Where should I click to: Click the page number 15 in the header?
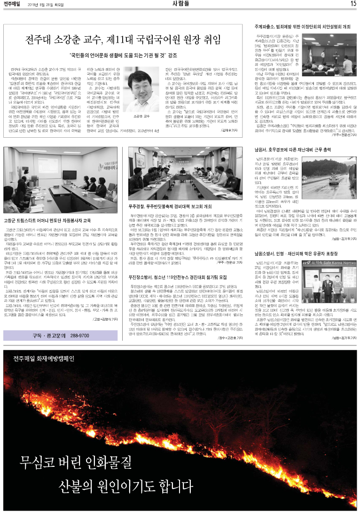(352, 4)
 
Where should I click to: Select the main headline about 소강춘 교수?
(125, 38)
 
